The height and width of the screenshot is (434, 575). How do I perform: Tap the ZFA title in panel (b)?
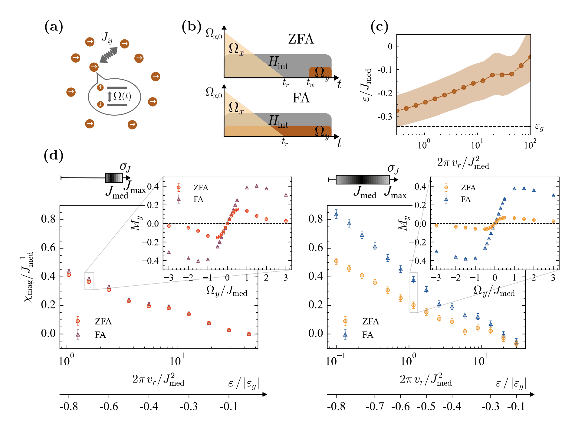tap(301, 39)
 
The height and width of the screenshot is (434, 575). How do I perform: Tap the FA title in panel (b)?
tap(301, 98)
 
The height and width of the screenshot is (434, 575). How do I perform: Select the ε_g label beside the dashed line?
tap(539, 127)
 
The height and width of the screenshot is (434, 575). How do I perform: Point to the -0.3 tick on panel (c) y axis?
tap(385, 117)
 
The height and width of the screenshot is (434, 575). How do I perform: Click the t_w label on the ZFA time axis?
tap(310, 82)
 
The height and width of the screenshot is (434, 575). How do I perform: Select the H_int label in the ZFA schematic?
tap(278, 63)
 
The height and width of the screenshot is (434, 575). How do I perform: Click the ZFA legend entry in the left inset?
tap(201, 188)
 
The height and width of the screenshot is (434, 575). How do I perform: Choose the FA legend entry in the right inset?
tap(466, 199)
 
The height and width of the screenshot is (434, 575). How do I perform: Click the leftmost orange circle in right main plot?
tap(336, 261)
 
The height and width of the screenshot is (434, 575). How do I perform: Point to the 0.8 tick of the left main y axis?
tap(48, 219)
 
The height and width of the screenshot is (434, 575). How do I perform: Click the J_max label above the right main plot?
tap(395, 192)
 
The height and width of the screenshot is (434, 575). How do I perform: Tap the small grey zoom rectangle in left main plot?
tap(89, 281)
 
